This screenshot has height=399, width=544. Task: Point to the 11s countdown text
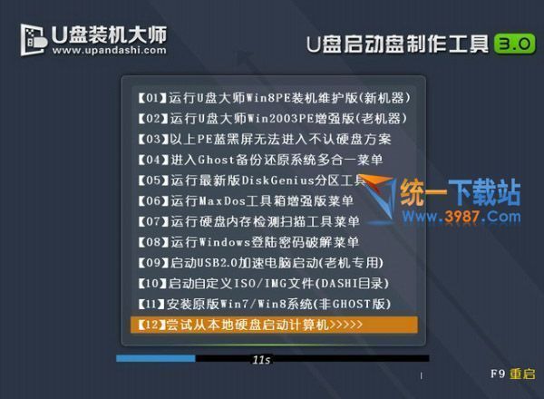pos(262,360)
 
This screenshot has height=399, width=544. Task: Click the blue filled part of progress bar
pos(155,359)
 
